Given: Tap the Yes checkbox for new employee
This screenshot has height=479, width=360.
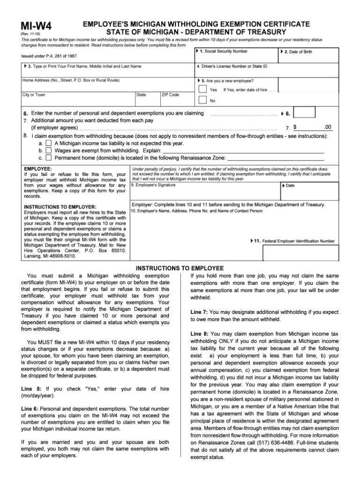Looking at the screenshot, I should [x=202, y=89].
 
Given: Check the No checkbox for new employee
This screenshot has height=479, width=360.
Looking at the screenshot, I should [x=202, y=100].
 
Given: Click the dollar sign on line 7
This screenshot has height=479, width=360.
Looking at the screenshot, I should [x=295, y=127].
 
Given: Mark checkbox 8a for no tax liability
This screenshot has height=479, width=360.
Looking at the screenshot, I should [x=49, y=143].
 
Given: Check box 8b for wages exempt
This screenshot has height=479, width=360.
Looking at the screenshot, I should [x=49, y=151].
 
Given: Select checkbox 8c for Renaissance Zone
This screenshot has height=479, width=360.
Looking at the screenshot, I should [x=49, y=158].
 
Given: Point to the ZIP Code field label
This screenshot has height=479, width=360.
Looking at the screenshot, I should [x=170, y=95].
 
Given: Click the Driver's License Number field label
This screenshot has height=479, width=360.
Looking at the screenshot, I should [x=232, y=66].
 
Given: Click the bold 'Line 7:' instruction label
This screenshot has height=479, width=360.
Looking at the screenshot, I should [x=199, y=312].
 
